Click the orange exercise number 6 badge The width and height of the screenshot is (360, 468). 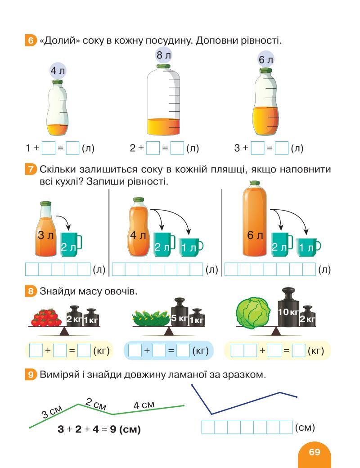[31, 41]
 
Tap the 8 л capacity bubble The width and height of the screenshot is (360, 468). [163, 57]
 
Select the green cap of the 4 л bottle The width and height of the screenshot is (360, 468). [57, 82]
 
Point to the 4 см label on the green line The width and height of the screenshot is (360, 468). [144, 405]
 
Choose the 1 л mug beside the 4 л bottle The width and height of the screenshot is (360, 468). [189, 246]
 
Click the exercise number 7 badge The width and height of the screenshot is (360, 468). [31, 170]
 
